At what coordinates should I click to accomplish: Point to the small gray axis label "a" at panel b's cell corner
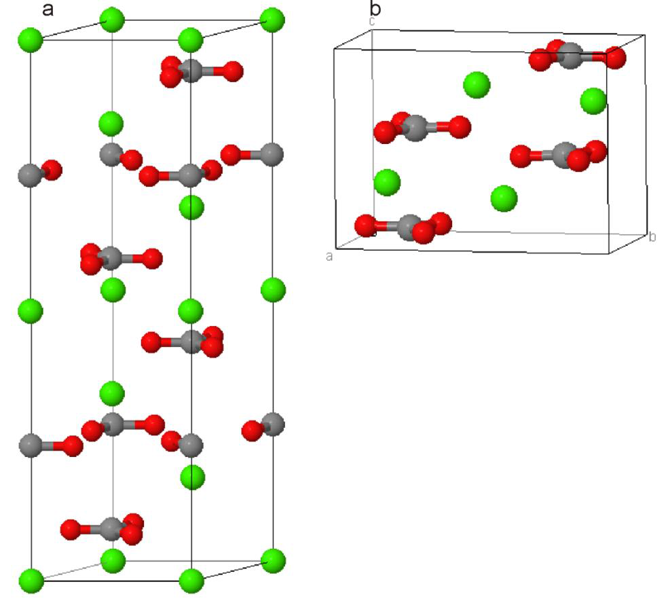click(x=330, y=256)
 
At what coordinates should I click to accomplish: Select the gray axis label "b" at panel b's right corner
click(x=652, y=237)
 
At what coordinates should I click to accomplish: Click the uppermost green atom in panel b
click(x=477, y=85)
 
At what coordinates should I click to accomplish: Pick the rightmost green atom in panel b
click(x=593, y=101)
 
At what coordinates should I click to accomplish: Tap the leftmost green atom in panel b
click(x=387, y=182)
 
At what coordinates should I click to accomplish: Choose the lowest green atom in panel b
click(x=504, y=198)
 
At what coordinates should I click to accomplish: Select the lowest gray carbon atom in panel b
click(x=409, y=227)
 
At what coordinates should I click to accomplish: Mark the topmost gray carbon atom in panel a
click(x=191, y=70)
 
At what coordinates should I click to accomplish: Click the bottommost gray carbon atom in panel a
click(x=111, y=528)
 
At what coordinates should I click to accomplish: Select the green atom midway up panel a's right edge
click(x=273, y=290)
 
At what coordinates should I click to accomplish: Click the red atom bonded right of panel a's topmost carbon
click(x=232, y=70)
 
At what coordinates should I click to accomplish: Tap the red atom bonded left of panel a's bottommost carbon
click(x=71, y=528)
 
